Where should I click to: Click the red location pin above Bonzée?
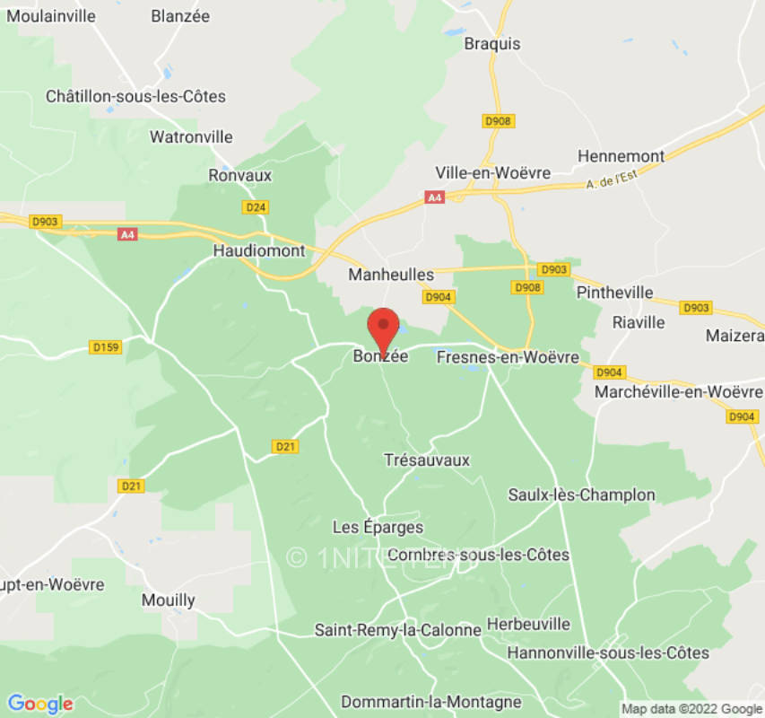coord(384,328)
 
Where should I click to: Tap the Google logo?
coord(39,704)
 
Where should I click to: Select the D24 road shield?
coord(256,207)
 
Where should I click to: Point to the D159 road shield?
coord(107,346)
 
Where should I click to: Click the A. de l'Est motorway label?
coord(614,183)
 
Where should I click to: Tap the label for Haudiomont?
coord(259,251)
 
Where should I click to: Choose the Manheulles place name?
coord(391,275)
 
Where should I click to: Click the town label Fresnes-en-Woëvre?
coord(508,357)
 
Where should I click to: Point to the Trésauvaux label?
coord(427,460)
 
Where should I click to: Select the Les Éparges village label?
coord(378,527)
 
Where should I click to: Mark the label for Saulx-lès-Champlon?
coord(581,495)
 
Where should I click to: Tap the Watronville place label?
coord(191,137)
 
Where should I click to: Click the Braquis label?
coord(492,43)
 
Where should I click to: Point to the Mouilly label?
coord(169,600)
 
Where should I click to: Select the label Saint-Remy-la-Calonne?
coord(398,630)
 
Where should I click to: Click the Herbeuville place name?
coord(528,623)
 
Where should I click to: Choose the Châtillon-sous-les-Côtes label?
coord(135,96)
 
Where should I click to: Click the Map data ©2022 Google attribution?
coord(691,709)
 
